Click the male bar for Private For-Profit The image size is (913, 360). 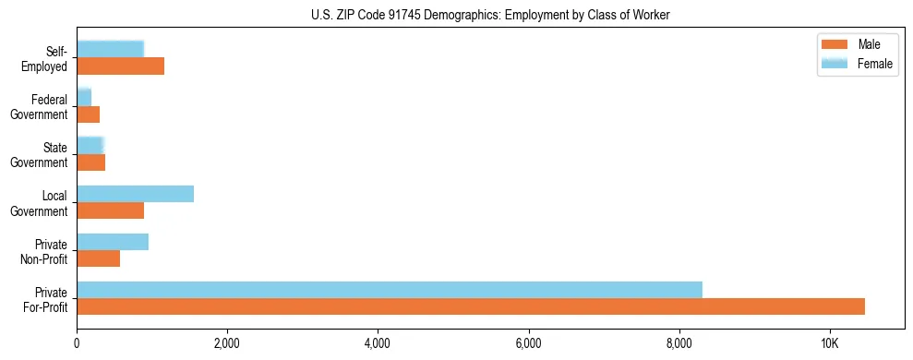pyautogui.click(x=471, y=306)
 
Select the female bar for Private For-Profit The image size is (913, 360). pyautogui.click(x=390, y=290)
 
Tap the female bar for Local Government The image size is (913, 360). pyautogui.click(x=135, y=194)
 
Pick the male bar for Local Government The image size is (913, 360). pyautogui.click(x=110, y=210)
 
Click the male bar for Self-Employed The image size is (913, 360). pyautogui.click(x=120, y=66)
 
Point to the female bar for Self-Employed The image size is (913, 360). pyautogui.click(x=110, y=49)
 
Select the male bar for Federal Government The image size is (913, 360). pyautogui.click(x=88, y=114)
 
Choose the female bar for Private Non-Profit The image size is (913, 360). pyautogui.click(x=113, y=242)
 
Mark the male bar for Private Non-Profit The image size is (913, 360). pyautogui.click(x=98, y=258)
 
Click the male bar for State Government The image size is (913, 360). pyautogui.click(x=90, y=162)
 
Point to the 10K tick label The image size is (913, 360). pyautogui.click(x=830, y=344)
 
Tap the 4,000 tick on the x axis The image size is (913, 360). pyautogui.click(x=378, y=344)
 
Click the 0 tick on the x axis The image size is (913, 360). pyautogui.click(x=77, y=344)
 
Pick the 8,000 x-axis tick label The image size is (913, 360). pyautogui.click(x=679, y=344)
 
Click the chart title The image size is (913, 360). pyautogui.click(x=491, y=15)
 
